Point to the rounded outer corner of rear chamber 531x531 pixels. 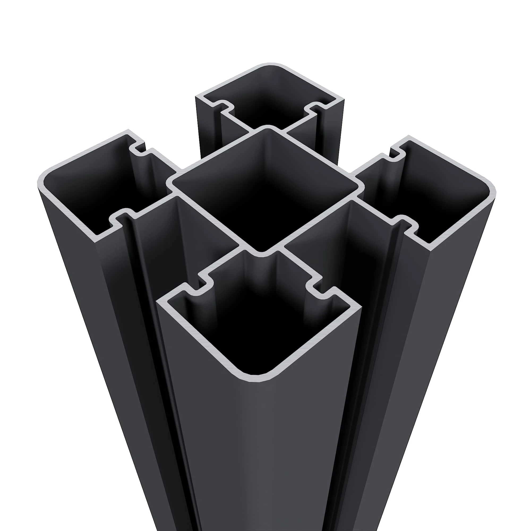pos(271,65)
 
